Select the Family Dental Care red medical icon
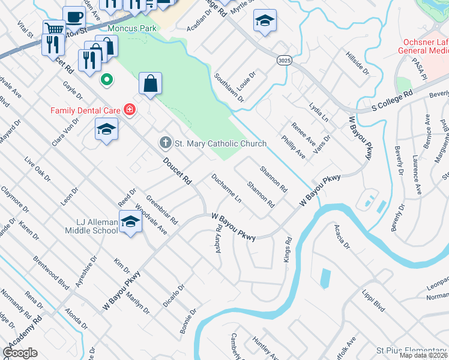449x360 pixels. pyautogui.click(x=128, y=109)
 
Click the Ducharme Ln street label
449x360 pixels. pyautogui.click(x=226, y=188)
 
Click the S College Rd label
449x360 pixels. pyautogui.click(x=384, y=102)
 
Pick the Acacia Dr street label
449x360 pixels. pyautogui.click(x=343, y=237)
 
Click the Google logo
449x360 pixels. pyautogui.click(x=20, y=353)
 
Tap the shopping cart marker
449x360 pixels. pyautogui.click(x=54, y=28)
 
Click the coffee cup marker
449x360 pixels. pyautogui.click(x=74, y=16)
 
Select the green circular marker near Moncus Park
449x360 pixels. pyautogui.click(x=107, y=79)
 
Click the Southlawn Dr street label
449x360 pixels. pyautogui.click(x=229, y=88)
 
